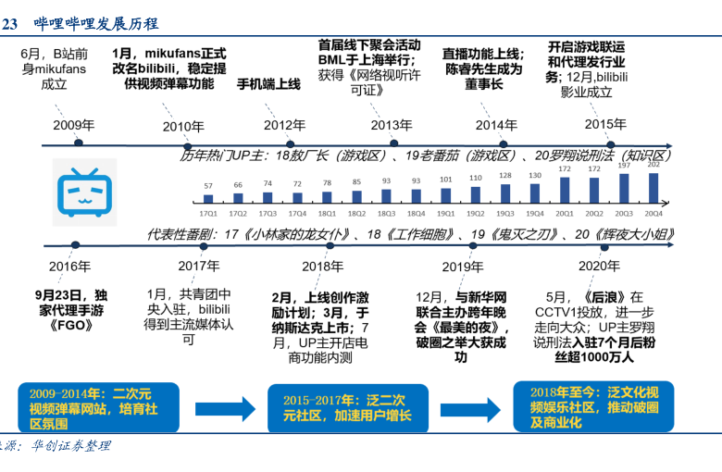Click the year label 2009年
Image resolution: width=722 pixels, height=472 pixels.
point(73,125)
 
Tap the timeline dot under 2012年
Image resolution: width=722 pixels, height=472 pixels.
point(291,143)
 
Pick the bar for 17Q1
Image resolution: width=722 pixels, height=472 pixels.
point(208,198)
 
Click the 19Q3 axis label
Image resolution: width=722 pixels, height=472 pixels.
point(505,211)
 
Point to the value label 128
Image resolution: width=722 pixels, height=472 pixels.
point(505,175)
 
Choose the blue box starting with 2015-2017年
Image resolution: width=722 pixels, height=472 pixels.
point(346,408)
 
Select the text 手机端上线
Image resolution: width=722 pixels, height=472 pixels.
point(268,84)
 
